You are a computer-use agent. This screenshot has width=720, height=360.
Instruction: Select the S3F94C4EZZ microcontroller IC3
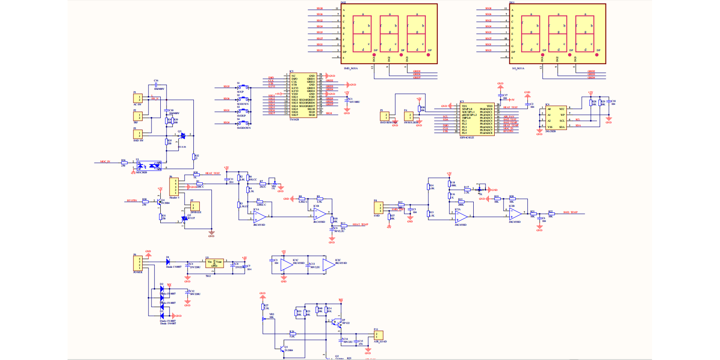click(477, 119)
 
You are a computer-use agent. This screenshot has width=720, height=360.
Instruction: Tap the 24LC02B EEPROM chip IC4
click(556, 118)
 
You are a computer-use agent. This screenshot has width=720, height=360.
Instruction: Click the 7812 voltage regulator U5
click(214, 263)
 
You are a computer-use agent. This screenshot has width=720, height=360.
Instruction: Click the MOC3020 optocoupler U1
click(149, 165)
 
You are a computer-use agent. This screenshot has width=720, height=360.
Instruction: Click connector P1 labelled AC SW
click(138, 99)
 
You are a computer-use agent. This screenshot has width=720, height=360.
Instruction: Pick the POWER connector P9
click(138, 263)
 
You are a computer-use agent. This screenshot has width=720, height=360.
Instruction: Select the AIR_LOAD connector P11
click(378, 335)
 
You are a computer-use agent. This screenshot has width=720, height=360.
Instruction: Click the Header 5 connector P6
click(174, 187)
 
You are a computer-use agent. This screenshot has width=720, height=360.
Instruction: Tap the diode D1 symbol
click(168, 261)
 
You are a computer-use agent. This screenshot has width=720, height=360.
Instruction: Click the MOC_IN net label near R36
click(105, 162)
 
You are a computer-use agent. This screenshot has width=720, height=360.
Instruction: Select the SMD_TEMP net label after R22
click(570, 212)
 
